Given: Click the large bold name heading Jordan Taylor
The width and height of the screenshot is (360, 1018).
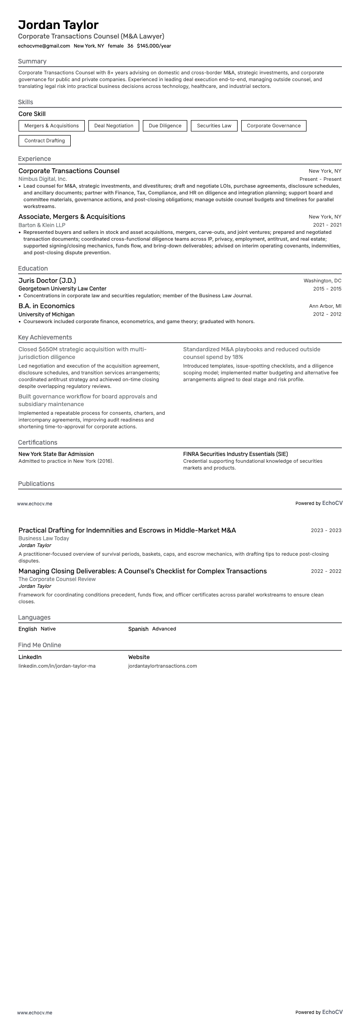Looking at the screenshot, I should (x=58, y=24).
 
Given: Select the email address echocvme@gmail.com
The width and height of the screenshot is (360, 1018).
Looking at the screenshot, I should (x=44, y=46).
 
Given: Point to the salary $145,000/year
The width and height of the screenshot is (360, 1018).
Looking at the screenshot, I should (x=154, y=46).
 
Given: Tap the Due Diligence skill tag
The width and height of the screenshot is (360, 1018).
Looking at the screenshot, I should (x=165, y=126).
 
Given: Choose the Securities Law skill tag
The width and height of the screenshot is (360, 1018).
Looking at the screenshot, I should (x=214, y=126).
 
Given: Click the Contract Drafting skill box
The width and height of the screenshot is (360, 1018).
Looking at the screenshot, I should (x=44, y=141).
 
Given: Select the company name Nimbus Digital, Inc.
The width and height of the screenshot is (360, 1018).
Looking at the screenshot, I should (x=43, y=179).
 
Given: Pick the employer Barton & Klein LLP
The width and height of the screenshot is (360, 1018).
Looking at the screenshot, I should (x=42, y=225).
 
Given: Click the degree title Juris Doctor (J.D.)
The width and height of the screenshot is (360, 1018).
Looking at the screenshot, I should (x=47, y=281).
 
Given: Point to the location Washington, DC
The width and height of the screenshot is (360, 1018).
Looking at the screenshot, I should (x=322, y=281).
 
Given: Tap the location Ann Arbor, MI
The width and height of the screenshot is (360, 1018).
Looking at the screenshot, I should (x=325, y=306).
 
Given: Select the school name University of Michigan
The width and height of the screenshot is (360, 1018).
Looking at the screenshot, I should (x=46, y=314).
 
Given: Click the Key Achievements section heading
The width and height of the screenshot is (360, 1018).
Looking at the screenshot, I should (x=45, y=337).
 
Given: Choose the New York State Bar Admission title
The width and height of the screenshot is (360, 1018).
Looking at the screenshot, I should (x=56, y=454).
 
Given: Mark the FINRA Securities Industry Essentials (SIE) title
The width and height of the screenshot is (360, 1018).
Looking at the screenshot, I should (x=235, y=454).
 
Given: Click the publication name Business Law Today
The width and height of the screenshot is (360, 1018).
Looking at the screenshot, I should (x=44, y=538).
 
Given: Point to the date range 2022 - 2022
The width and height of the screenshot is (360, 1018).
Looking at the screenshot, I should (x=326, y=571).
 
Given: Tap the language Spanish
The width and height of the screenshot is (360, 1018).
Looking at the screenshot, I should (x=138, y=629).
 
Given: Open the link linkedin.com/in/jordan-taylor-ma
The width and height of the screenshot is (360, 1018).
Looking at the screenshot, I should (x=57, y=666).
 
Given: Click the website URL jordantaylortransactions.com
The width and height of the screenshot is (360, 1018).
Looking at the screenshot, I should (x=162, y=666).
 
